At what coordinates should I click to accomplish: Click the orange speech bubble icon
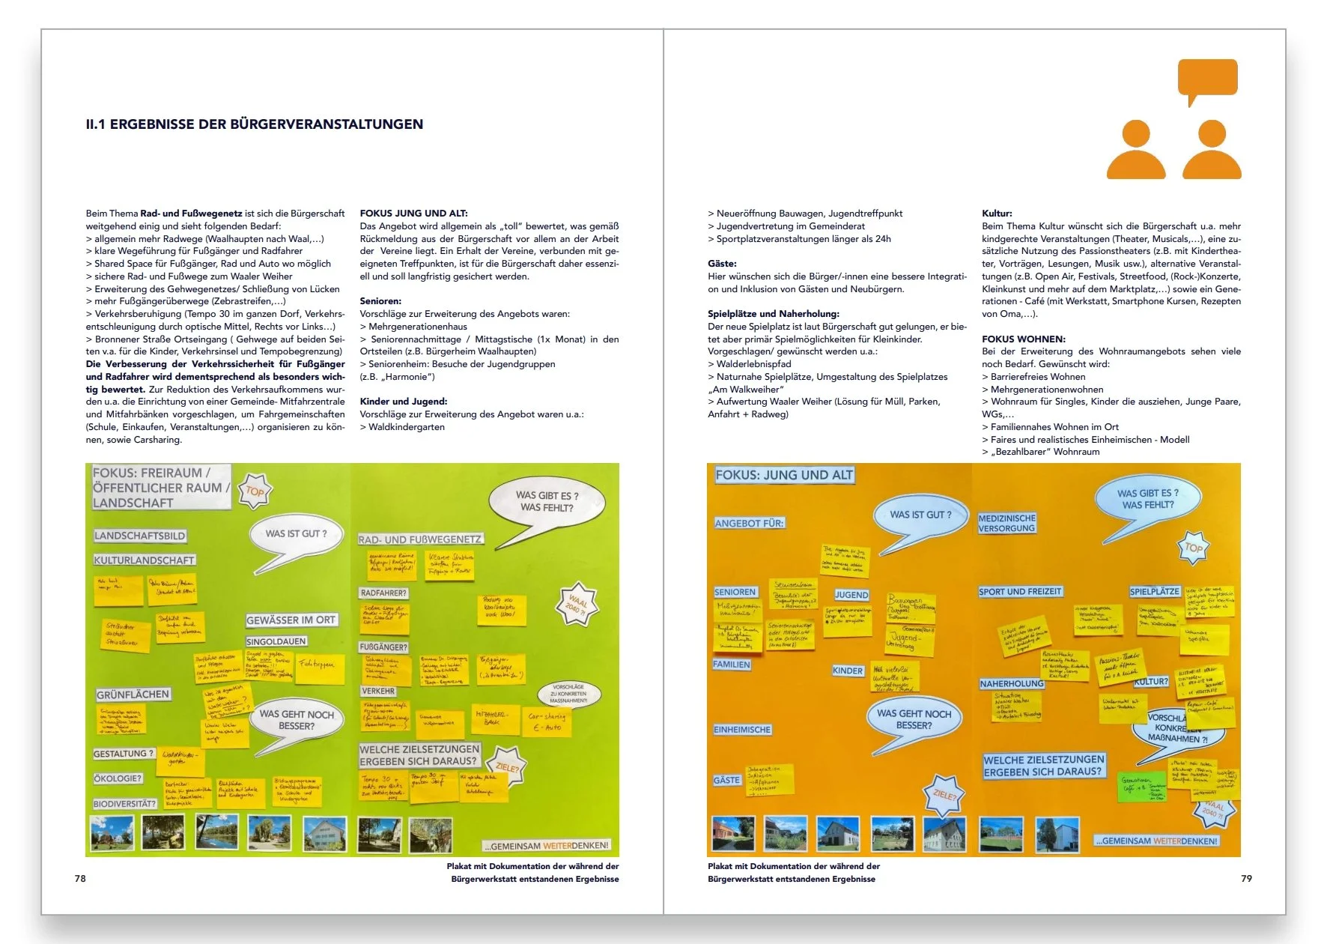(1206, 80)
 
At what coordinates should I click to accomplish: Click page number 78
(80, 878)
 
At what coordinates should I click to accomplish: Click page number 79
(1246, 878)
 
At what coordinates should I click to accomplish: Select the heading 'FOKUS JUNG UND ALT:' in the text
(413, 214)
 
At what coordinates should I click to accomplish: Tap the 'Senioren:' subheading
(380, 301)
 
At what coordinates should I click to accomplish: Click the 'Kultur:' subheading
(997, 214)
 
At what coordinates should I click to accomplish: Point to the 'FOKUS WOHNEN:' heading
(1023, 339)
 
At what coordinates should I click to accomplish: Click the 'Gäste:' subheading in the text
(722, 264)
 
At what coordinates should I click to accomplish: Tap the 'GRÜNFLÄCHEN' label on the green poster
(133, 695)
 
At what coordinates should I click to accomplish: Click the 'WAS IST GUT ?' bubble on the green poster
(297, 533)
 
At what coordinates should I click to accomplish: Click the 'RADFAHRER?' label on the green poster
(383, 593)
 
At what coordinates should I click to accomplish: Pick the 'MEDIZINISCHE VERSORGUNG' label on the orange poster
(1006, 523)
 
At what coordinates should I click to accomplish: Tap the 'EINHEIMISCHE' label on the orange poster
(742, 729)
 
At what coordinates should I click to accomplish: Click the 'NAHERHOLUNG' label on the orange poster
(1012, 683)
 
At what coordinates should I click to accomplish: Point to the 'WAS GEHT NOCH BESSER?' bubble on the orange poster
(914, 719)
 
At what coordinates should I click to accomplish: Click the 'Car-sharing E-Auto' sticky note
(547, 721)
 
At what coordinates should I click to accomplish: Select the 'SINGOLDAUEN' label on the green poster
(276, 641)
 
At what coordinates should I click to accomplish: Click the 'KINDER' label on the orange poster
(848, 671)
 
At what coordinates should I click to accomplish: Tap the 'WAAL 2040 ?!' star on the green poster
(577, 604)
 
